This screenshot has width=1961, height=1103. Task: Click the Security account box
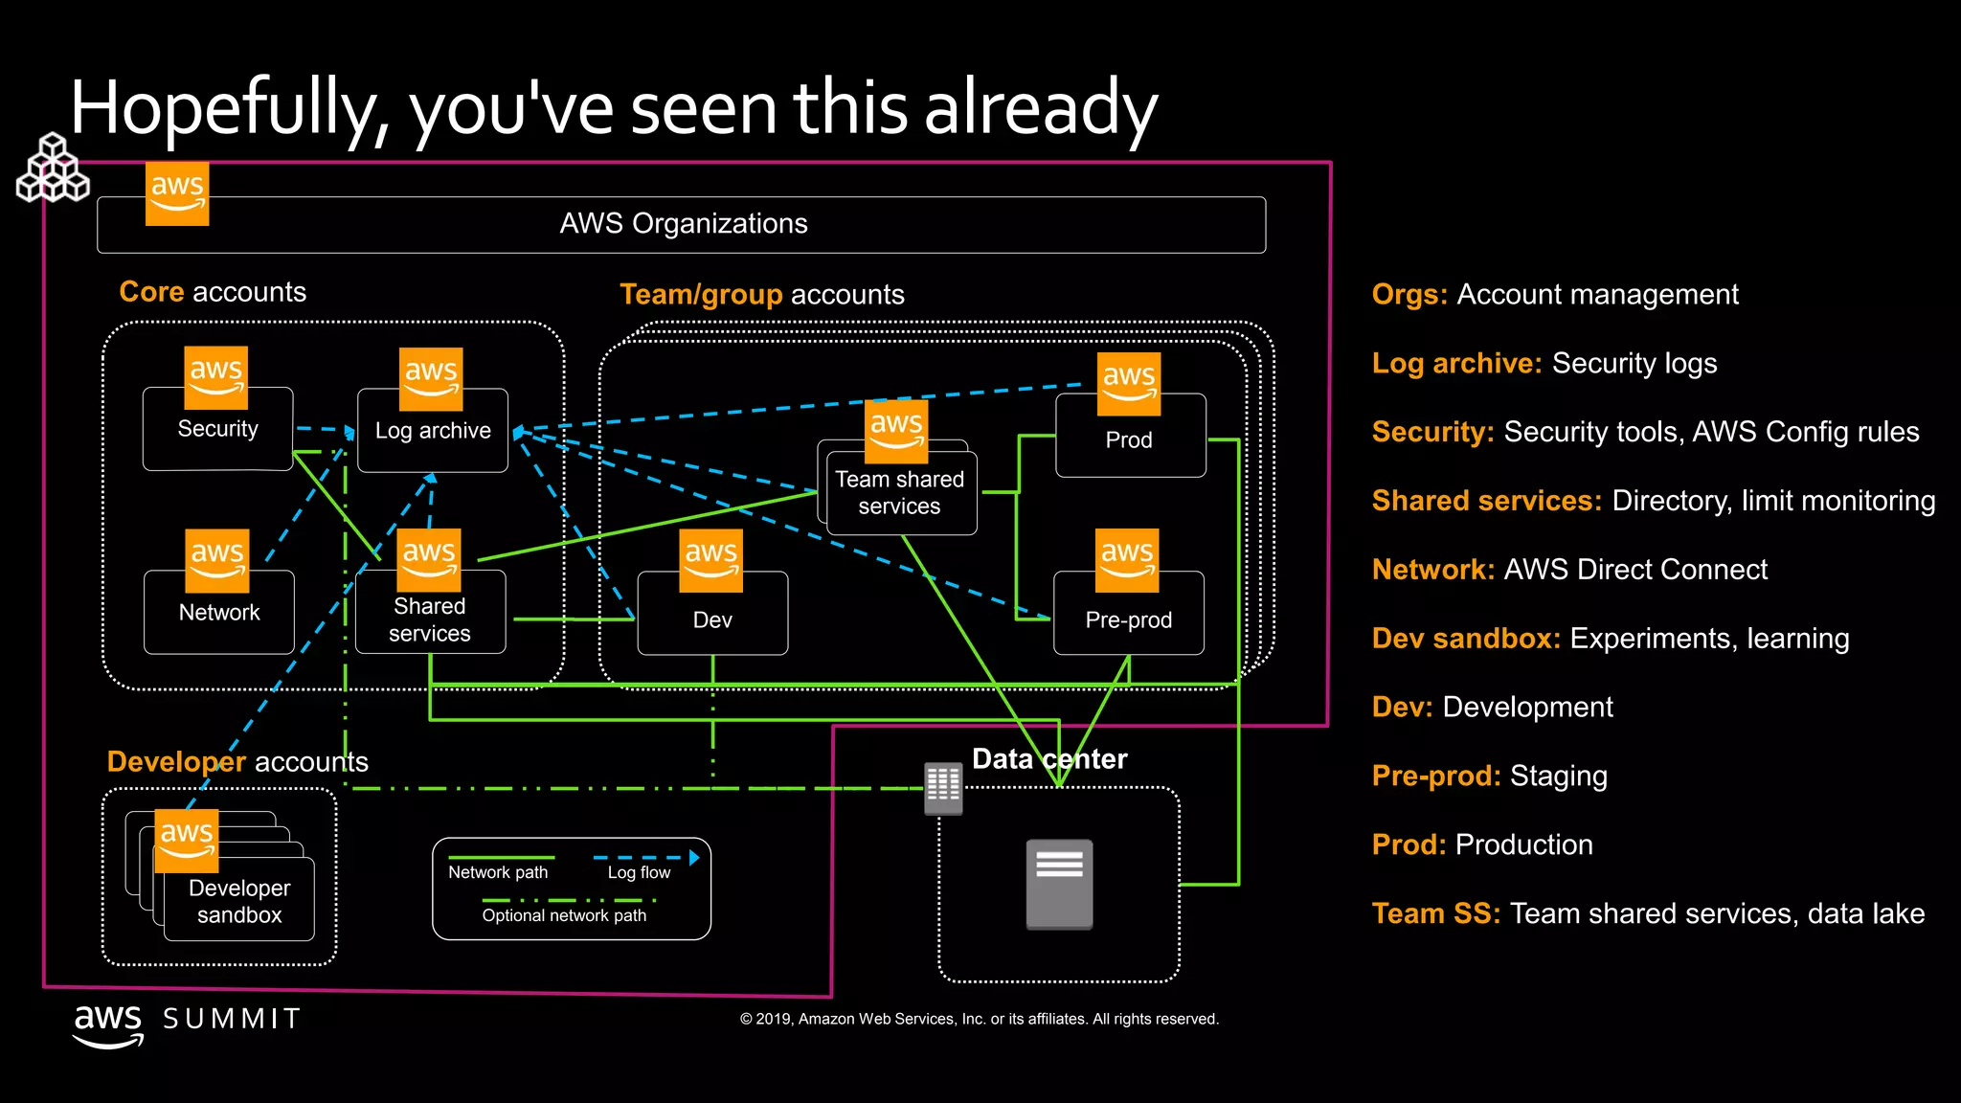(217, 430)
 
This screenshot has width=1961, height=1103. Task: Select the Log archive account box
(433, 432)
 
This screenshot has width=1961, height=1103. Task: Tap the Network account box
(219, 613)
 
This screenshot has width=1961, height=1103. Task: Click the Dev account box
(712, 619)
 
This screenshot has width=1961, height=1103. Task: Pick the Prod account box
(1129, 440)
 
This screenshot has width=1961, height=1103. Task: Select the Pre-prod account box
(1128, 619)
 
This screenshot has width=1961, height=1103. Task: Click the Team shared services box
(899, 493)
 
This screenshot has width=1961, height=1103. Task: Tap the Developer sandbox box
(239, 901)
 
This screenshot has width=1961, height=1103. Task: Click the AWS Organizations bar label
(683, 224)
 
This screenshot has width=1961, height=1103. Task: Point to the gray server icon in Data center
(1059, 884)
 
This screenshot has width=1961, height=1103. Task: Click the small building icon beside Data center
(943, 788)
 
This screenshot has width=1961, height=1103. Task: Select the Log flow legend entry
(640, 872)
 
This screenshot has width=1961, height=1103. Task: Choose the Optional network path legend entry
(564, 915)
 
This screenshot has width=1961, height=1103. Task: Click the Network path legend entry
(498, 872)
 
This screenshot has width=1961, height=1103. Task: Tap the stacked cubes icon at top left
(54, 169)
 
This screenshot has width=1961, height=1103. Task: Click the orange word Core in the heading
(151, 292)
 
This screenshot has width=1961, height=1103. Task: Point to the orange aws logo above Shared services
(428, 560)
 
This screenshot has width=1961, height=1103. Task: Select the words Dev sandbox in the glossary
(1465, 639)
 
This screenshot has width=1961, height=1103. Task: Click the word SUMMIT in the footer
(233, 1019)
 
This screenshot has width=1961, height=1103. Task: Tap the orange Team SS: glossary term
(1435, 913)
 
